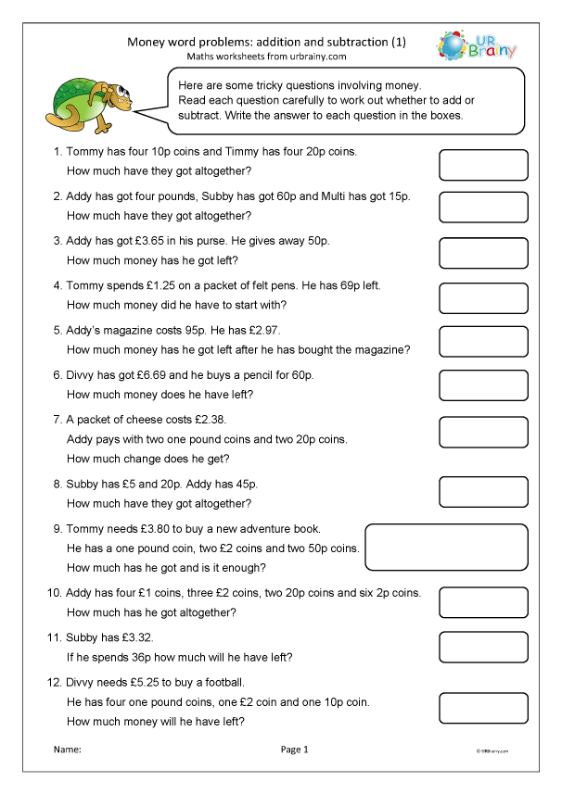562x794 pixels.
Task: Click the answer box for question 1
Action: tap(482, 164)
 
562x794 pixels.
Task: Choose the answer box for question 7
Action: tap(482, 432)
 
